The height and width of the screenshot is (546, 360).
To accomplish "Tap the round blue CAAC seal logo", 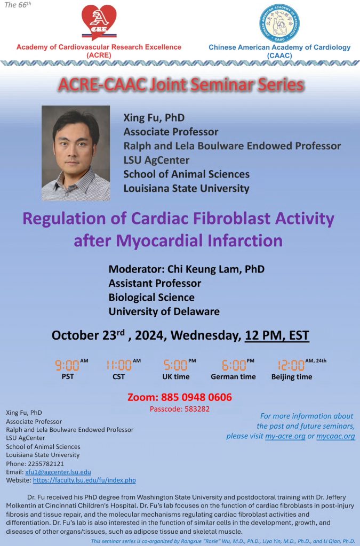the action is (279, 23).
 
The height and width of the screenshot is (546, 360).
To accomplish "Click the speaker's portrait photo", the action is (76, 153).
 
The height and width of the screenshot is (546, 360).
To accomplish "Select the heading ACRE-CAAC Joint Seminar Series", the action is (181, 85).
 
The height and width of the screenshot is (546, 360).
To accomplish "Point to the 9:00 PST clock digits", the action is (67, 365).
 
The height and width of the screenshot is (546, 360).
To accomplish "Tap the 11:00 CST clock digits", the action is (119, 365).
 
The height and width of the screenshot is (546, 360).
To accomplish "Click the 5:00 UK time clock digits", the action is (175, 365).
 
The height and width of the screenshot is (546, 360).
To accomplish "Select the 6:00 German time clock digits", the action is (234, 365).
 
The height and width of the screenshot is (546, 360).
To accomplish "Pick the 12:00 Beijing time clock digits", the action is (291, 365).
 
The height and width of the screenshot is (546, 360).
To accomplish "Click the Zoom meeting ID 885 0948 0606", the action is (196, 397).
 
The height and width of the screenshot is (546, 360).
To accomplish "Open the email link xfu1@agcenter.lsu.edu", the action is (58, 472).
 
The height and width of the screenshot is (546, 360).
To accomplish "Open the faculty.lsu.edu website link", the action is (84, 480).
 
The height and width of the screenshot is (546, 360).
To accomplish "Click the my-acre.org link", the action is (285, 436).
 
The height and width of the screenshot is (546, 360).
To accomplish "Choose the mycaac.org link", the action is (335, 436).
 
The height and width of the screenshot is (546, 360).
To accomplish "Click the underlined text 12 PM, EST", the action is (277, 335).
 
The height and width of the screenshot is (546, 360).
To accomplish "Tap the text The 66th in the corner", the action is (18, 5).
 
